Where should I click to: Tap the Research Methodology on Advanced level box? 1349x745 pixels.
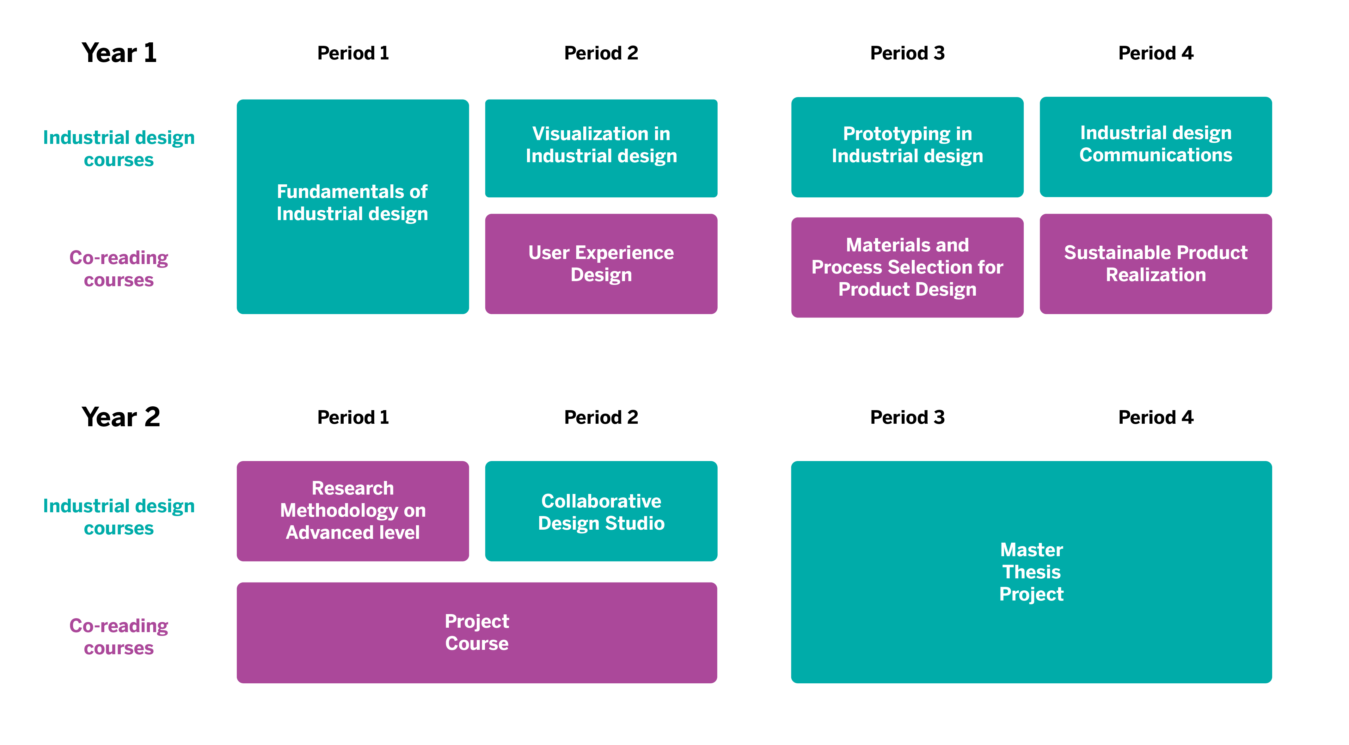(x=353, y=511)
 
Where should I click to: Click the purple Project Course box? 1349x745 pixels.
(x=476, y=632)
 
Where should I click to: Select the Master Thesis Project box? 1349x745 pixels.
(x=1031, y=572)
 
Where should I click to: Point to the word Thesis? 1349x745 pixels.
(x=1031, y=572)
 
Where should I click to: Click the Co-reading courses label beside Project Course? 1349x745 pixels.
(x=119, y=637)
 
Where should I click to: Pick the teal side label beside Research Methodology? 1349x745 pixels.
(x=119, y=517)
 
